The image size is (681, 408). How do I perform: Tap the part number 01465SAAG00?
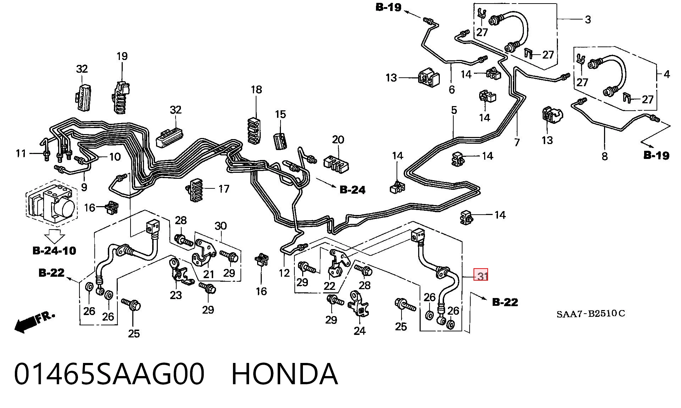pos(109,374)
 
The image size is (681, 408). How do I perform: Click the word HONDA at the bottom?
pos(284,374)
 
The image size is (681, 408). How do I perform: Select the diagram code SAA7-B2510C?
pos(591,314)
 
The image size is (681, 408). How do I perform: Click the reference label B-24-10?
pos(54,251)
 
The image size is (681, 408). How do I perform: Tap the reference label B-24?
pos(352,190)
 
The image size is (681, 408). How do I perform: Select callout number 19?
pos(122,56)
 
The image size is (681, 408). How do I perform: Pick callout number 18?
pos(256,90)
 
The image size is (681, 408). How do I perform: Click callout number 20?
pos(338,140)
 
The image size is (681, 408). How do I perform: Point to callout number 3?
pos(588,20)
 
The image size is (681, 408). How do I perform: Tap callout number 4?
pos(666,74)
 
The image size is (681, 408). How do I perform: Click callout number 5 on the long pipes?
pos(454,110)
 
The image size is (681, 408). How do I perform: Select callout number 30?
pos(220,226)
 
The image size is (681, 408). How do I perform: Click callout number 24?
pos(359,331)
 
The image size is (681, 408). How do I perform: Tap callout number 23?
pos(176,295)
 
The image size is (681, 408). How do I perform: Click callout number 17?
pos(223,189)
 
